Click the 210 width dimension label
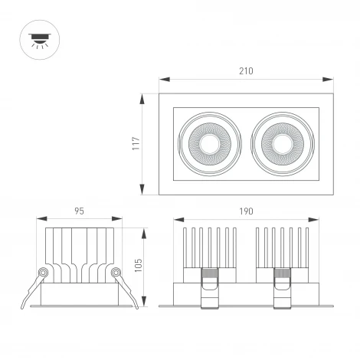click(245, 70)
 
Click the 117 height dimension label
click(136, 144)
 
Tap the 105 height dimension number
click(139, 263)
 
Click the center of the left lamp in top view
click(209, 143)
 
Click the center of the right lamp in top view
click(280, 143)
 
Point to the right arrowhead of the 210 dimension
click(331, 79)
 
